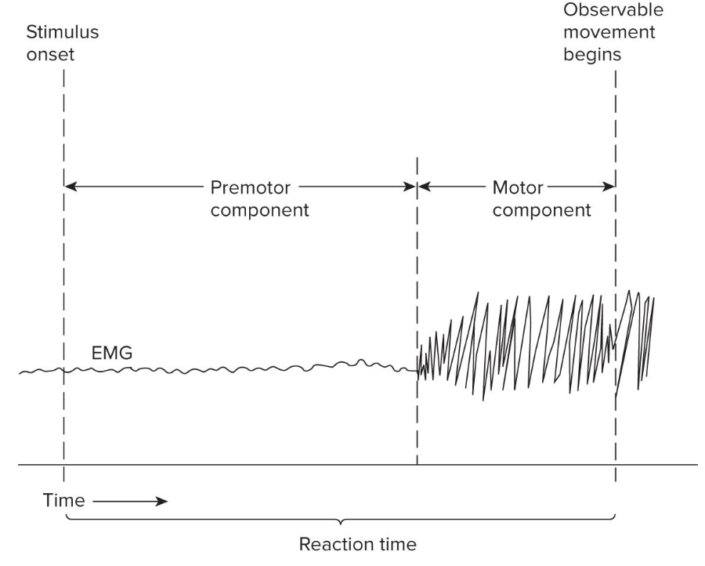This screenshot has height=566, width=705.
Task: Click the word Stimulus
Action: click(x=63, y=34)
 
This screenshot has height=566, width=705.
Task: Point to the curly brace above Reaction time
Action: click(x=340, y=520)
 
